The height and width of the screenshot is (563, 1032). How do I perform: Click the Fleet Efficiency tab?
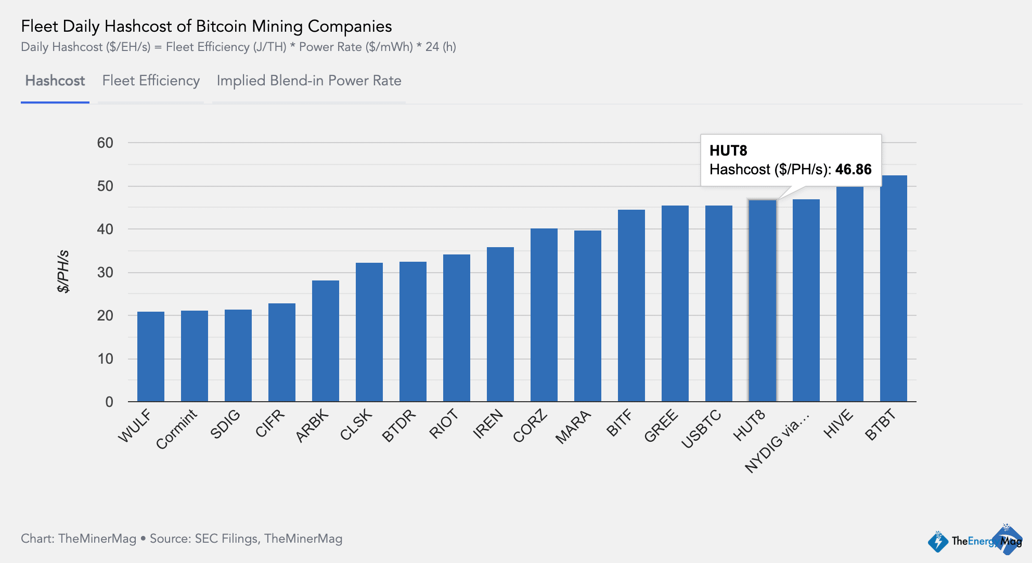pos(151,81)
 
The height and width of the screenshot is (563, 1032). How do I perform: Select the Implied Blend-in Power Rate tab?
pos(309,81)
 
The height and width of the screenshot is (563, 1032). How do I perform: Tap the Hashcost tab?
pos(55,81)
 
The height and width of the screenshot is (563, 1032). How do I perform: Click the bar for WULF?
pos(151,356)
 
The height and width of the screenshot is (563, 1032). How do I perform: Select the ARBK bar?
pos(326,341)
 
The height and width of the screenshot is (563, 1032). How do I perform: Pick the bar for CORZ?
pos(544,315)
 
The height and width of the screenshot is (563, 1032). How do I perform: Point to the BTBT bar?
pos(894,289)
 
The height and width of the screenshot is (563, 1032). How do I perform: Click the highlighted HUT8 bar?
pos(763,301)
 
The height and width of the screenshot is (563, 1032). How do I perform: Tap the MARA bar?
pos(588,316)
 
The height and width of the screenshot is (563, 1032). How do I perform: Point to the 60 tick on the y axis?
pos(105,143)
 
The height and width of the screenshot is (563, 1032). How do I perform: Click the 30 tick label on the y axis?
pos(105,273)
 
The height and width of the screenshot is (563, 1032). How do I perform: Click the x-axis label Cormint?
pos(177,429)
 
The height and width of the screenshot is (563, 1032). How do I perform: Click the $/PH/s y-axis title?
pos(63,272)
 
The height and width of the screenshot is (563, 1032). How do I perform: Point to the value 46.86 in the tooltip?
pos(853,170)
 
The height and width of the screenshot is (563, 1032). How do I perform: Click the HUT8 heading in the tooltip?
pos(728,151)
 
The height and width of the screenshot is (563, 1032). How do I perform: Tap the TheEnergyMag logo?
pos(975,541)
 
